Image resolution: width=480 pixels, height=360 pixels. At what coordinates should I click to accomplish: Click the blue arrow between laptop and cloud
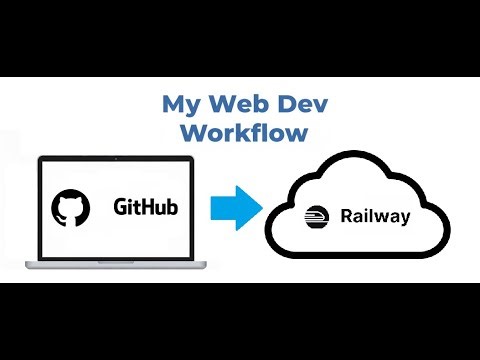235,209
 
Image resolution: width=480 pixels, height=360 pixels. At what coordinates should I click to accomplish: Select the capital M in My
171,104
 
